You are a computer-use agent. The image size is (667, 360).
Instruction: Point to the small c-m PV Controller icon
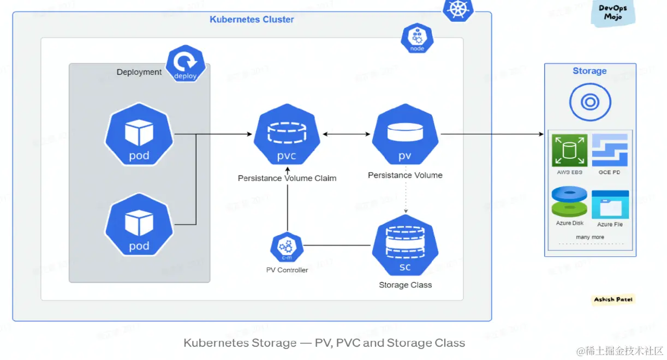(287, 247)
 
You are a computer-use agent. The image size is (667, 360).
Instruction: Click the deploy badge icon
(186, 64)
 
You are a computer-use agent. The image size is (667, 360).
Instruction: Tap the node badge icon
(416, 38)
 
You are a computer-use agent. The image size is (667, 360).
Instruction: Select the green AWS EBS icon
(569, 150)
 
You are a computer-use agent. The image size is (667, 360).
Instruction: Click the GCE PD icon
(610, 150)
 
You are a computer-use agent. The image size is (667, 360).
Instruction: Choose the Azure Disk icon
(569, 202)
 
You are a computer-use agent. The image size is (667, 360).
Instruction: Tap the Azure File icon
(610, 204)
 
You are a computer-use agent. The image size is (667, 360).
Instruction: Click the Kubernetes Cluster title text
(252, 20)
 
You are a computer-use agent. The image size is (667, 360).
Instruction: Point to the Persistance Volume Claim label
(287, 178)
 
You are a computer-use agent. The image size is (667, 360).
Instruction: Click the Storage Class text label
(405, 285)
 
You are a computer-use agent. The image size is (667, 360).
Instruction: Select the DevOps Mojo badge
(613, 13)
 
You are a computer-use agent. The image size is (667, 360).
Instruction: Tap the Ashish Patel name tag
(614, 299)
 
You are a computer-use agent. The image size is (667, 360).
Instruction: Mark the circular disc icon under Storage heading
(589, 102)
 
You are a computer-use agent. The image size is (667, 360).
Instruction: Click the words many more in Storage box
(589, 237)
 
